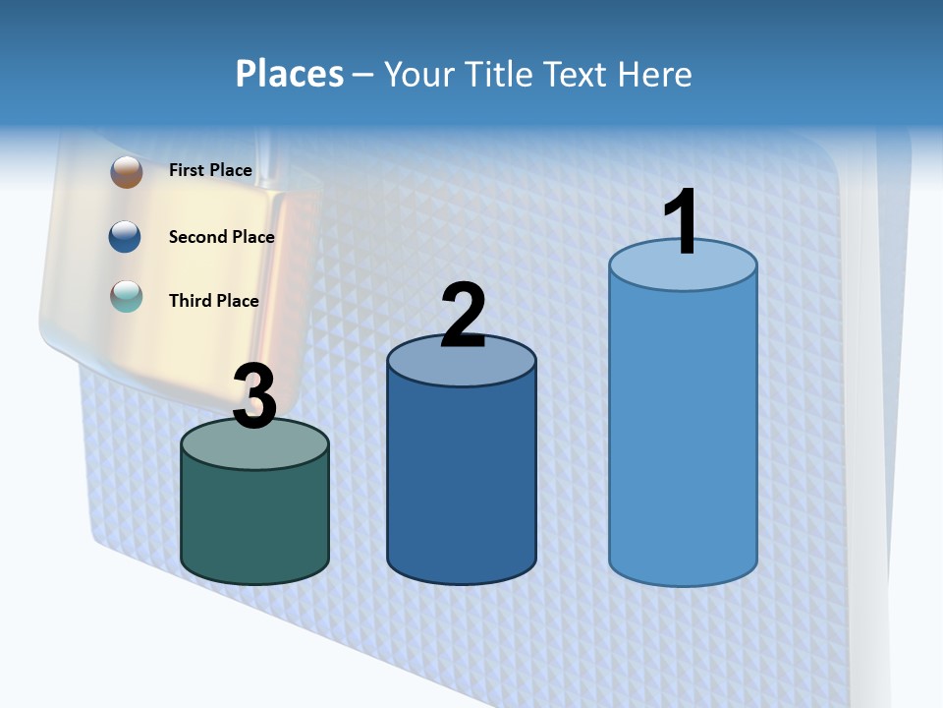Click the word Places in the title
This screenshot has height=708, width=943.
pyautogui.click(x=289, y=74)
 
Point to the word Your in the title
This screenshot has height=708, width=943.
pyautogui.click(x=419, y=74)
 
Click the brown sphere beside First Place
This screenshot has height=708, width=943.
pyautogui.click(x=127, y=171)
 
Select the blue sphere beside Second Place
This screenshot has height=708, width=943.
pyautogui.click(x=127, y=236)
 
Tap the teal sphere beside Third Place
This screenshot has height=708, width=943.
pyautogui.click(x=127, y=296)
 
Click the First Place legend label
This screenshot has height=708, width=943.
pyautogui.click(x=210, y=170)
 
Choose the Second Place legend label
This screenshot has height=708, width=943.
pyautogui.click(x=221, y=237)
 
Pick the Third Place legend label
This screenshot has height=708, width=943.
pyautogui.click(x=213, y=301)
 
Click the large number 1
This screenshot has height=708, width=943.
pyautogui.click(x=681, y=222)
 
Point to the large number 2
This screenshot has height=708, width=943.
pyautogui.click(x=463, y=315)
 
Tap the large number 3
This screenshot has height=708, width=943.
pyautogui.click(x=254, y=397)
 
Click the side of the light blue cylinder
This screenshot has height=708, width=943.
pyautogui.click(x=683, y=433)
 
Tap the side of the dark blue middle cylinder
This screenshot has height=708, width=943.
pyautogui.click(x=462, y=482)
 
